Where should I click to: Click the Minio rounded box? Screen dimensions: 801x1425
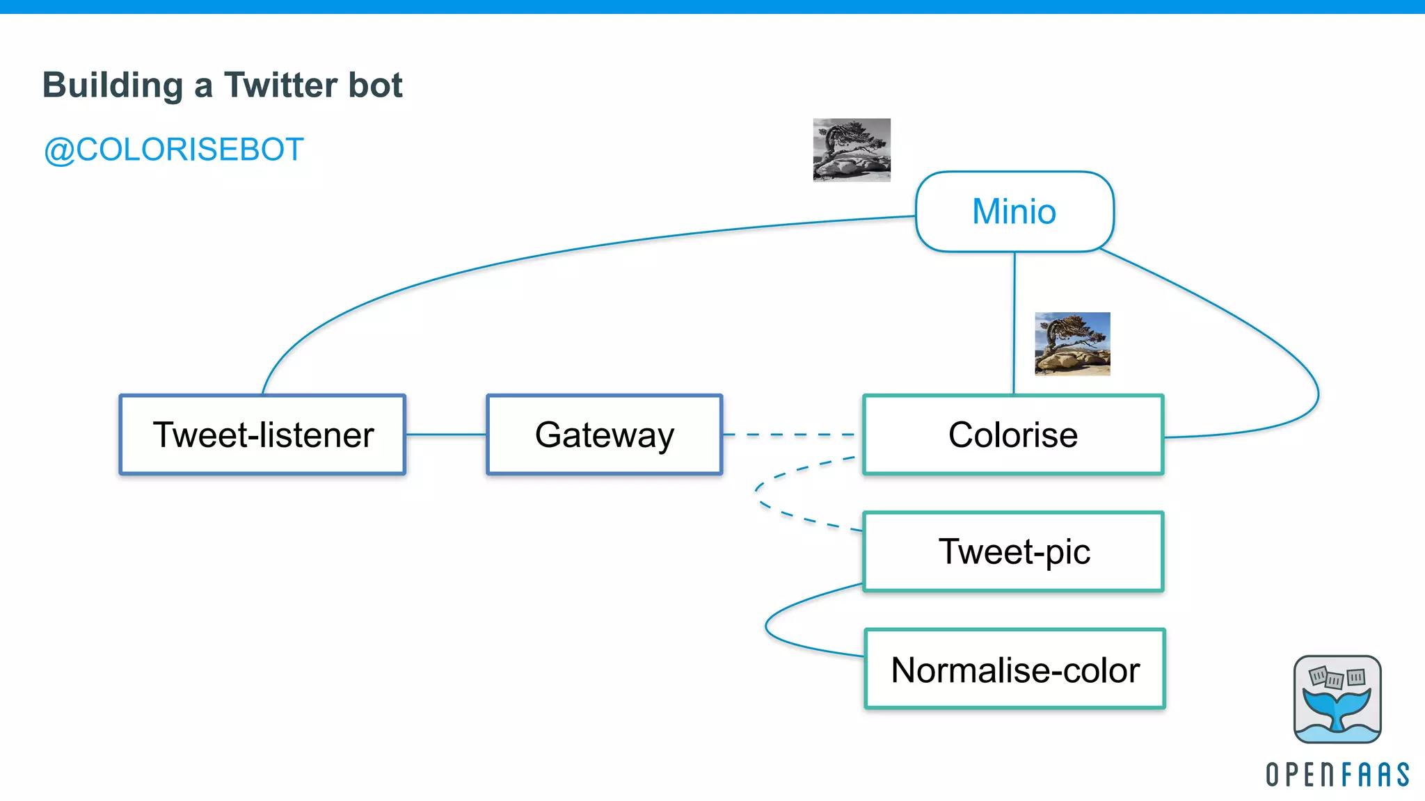coord(1014,211)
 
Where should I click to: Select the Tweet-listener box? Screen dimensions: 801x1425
coord(262,435)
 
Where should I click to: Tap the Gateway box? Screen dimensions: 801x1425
coord(604,435)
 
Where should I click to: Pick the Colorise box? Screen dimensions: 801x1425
coord(1012,435)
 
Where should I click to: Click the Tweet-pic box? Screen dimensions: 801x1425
coord(1013,552)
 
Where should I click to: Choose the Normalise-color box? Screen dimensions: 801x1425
coord(1014,670)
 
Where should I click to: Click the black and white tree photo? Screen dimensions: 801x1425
coord(852,150)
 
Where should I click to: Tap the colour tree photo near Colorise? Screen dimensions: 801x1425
coord(1072,343)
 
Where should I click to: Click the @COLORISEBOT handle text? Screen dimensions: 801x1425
coord(173,150)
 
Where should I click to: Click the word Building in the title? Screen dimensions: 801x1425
coord(113,86)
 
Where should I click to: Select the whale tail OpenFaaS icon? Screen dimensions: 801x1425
coord(1337,699)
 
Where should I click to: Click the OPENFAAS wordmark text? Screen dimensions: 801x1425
coord(1337,775)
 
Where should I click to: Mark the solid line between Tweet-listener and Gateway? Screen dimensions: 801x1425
coord(446,435)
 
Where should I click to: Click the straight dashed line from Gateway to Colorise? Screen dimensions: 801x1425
coord(793,435)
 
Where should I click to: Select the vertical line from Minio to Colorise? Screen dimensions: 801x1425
coord(1014,323)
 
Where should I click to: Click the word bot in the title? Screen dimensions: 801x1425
coord(375,86)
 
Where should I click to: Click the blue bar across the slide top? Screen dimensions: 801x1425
coord(712,6)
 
